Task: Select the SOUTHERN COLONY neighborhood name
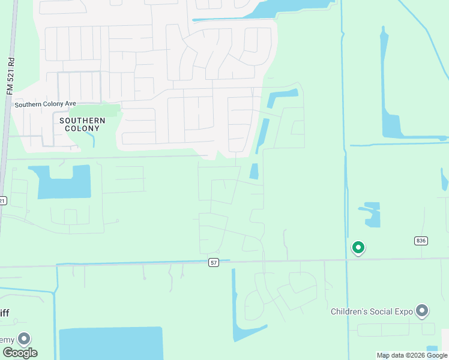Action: click(82, 124)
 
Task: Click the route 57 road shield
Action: click(214, 262)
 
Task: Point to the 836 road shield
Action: click(420, 241)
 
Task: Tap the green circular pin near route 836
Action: click(358, 247)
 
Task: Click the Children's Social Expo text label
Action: click(372, 311)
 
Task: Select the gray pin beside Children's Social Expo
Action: click(423, 311)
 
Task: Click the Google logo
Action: click(19, 352)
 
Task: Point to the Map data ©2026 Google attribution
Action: click(412, 355)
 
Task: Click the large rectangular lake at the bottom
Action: click(111, 343)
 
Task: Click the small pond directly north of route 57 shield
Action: click(254, 171)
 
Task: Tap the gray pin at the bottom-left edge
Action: click(24, 339)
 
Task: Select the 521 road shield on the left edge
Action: click(2, 201)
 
